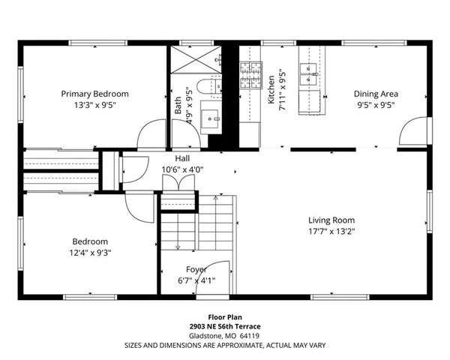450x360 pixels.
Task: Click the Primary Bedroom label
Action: (x=94, y=94)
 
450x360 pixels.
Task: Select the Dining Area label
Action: (x=376, y=94)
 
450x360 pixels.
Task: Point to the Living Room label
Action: (x=331, y=220)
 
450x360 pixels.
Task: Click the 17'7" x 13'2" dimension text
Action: (x=331, y=232)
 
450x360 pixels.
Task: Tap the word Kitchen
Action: (x=271, y=90)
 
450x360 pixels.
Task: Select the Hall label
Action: (x=182, y=159)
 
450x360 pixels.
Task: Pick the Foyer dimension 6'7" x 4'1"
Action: (x=196, y=280)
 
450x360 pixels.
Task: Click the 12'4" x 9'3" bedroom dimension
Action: (x=90, y=253)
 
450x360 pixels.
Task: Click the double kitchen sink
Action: (x=309, y=71)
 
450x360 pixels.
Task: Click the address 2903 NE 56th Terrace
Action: (x=224, y=328)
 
